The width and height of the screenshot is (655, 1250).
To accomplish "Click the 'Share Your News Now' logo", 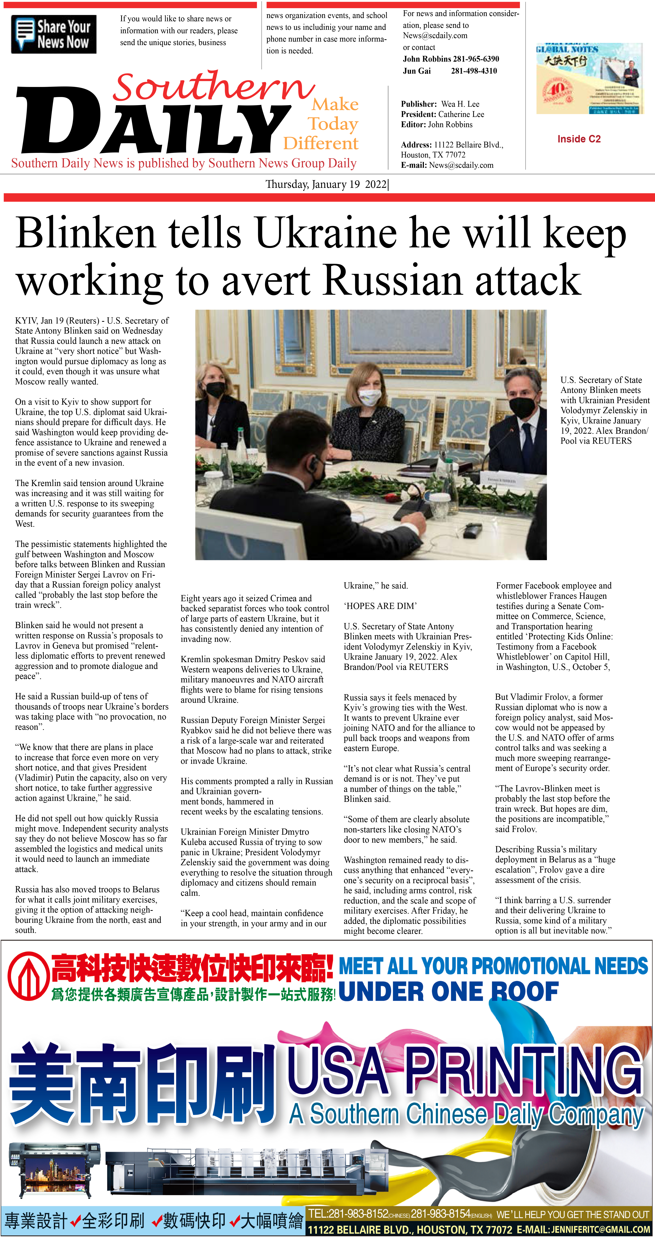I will click(53, 34).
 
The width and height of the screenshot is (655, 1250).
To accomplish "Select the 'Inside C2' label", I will click(579, 139).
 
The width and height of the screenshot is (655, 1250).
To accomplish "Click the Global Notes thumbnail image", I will click(589, 79).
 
